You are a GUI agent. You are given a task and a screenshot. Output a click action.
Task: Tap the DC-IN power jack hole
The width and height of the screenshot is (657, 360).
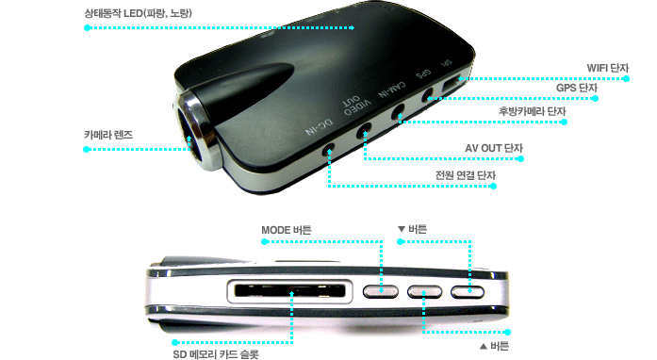point(329,150)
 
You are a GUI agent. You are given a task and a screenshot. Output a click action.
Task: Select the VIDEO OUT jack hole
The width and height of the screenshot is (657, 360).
point(364,130)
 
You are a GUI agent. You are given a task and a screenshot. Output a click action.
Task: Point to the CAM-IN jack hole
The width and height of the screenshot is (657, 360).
point(398,112)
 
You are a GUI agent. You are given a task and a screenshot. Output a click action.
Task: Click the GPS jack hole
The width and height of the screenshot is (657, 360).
point(427,96)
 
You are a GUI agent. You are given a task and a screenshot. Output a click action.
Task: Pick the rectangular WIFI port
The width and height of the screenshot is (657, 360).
point(453,84)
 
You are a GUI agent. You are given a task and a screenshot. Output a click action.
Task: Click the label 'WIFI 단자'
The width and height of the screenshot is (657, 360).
point(608,68)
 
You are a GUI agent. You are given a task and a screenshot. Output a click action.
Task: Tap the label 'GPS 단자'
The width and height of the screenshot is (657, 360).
point(577,88)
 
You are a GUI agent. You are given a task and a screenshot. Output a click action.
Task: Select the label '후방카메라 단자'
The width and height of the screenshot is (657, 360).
point(533,111)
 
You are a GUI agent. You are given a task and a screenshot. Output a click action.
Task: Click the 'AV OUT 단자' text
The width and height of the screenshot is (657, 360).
point(494,148)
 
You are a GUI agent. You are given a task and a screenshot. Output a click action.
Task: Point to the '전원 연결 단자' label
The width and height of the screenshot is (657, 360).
point(465,175)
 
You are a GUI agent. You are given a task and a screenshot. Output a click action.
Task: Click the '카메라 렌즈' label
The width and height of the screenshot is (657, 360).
point(108,135)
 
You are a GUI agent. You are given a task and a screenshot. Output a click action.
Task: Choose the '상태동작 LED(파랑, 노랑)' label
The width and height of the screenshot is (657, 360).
point(139,13)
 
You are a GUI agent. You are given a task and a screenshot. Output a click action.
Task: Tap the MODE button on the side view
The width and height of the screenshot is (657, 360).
point(381,292)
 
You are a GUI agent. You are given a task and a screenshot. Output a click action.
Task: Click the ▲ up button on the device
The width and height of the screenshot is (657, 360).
point(424,292)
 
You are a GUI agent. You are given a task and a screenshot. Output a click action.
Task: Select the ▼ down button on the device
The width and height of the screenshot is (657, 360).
point(468,292)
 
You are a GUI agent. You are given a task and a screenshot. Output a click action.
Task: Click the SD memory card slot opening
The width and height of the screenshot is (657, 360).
point(290,290)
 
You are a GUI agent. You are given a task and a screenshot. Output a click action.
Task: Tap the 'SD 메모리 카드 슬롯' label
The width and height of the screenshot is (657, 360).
point(216,354)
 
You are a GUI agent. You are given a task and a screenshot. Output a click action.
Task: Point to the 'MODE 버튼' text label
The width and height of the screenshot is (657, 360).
point(287,230)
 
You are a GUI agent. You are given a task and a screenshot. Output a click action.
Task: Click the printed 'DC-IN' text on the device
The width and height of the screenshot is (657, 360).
point(320,127)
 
